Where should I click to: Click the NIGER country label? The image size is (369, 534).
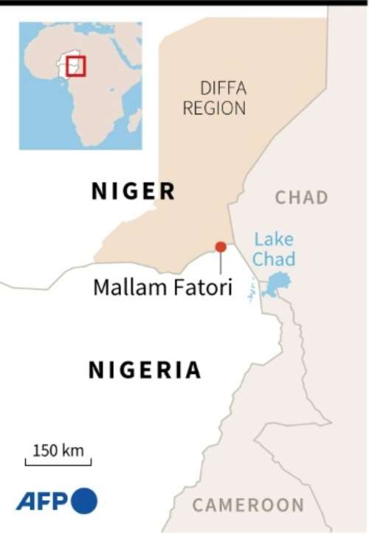(x=133, y=192)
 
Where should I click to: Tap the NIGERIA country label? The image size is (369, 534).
(x=145, y=370)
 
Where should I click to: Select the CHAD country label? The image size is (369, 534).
(x=301, y=198)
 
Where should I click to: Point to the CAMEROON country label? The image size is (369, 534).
(x=248, y=506)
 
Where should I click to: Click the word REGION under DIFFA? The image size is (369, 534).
(x=214, y=109)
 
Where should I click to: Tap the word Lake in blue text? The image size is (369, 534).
(x=274, y=239)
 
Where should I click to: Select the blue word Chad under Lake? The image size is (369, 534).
(x=274, y=259)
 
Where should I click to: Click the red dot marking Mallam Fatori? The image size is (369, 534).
(x=220, y=247)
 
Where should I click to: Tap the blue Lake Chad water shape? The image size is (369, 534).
(x=275, y=284)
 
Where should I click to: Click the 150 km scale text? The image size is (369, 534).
(x=58, y=451)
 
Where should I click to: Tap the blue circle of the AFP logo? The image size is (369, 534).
(x=84, y=501)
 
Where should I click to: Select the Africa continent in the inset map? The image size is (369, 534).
(x=96, y=89)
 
